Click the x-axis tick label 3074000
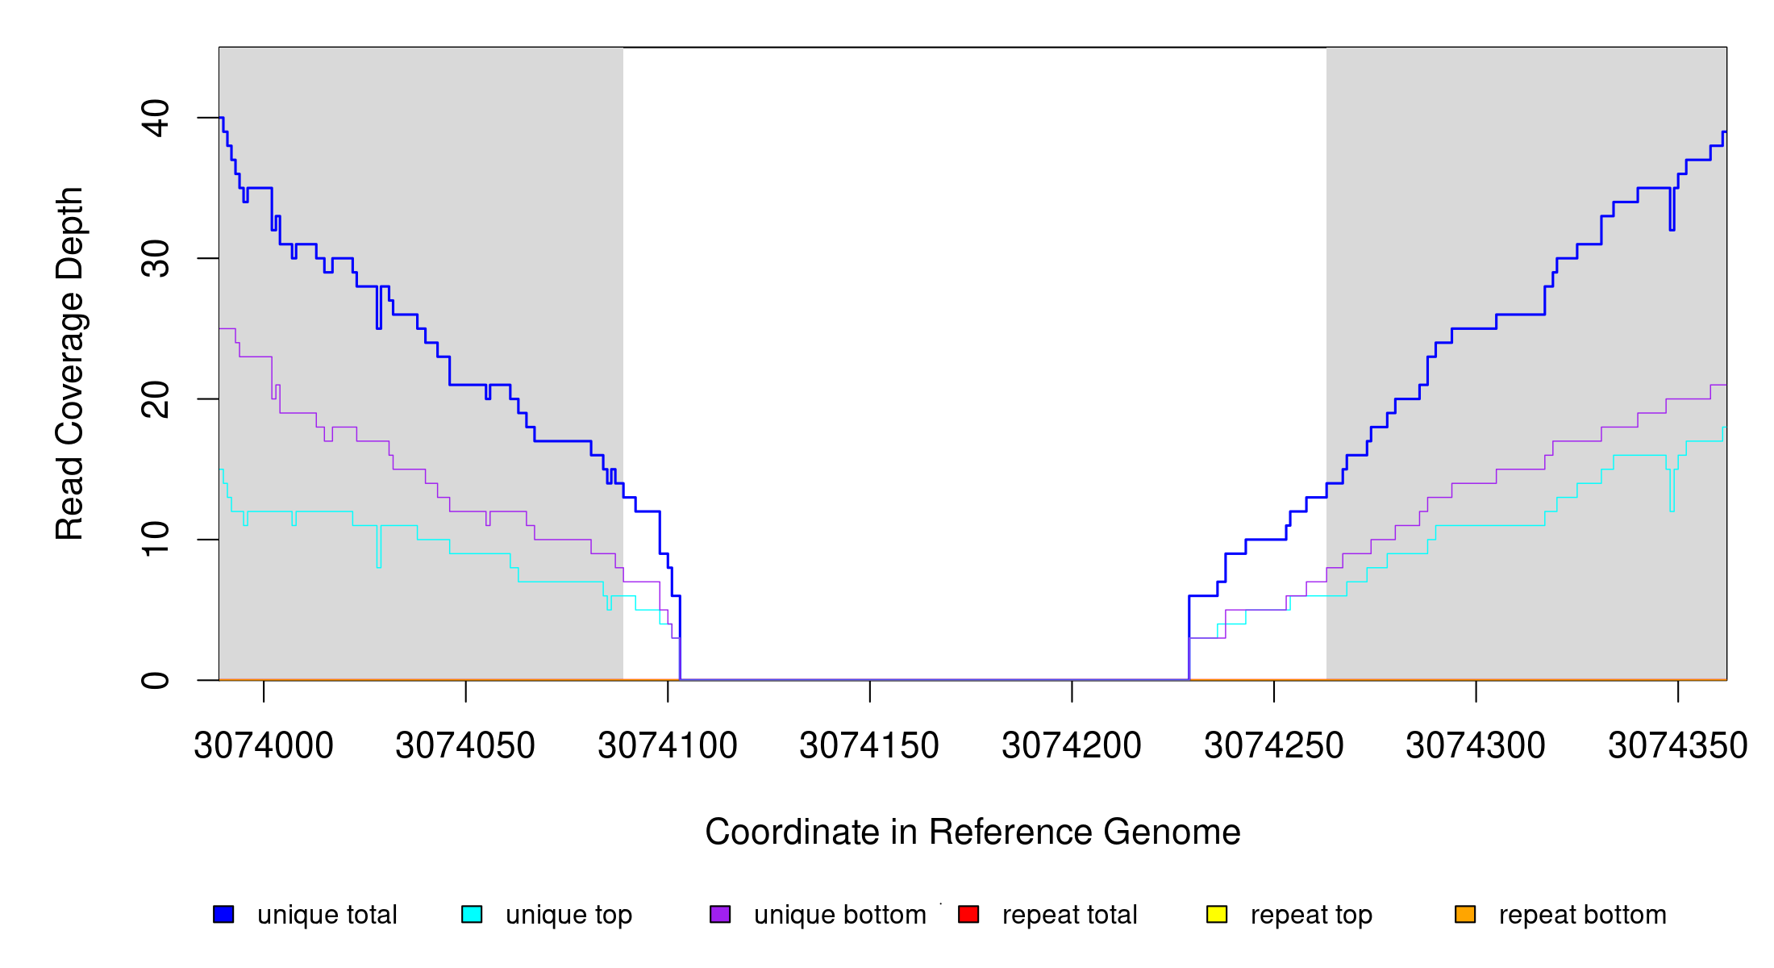(x=264, y=745)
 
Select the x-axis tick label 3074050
(x=465, y=745)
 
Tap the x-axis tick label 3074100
(x=668, y=745)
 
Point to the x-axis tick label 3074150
(x=869, y=745)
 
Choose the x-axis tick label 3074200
(x=1072, y=745)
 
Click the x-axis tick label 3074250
(x=1274, y=745)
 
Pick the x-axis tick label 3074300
(x=1476, y=745)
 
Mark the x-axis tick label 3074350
(x=1678, y=745)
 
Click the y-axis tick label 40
(x=156, y=119)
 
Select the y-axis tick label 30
(x=156, y=259)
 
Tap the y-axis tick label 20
(x=156, y=399)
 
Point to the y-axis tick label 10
(x=156, y=540)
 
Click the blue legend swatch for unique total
(x=223, y=914)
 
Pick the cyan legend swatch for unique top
(x=472, y=914)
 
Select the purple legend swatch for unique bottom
(x=720, y=914)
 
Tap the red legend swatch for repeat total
(x=968, y=914)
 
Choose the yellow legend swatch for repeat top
(x=1217, y=914)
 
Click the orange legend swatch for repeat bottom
(x=1465, y=914)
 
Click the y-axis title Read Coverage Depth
(x=69, y=363)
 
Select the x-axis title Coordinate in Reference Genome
(x=972, y=832)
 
